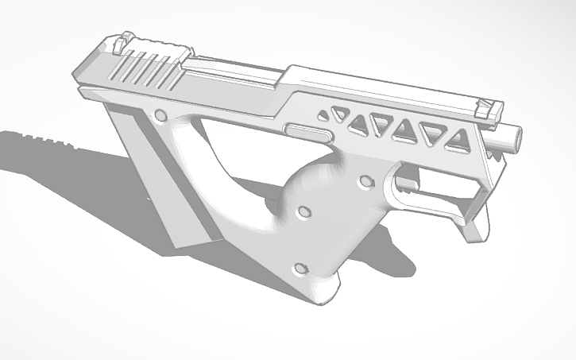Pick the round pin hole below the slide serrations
[x=161, y=115]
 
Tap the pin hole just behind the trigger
[x=365, y=183]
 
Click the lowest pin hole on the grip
[x=300, y=268]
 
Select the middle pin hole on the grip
[x=303, y=214]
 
